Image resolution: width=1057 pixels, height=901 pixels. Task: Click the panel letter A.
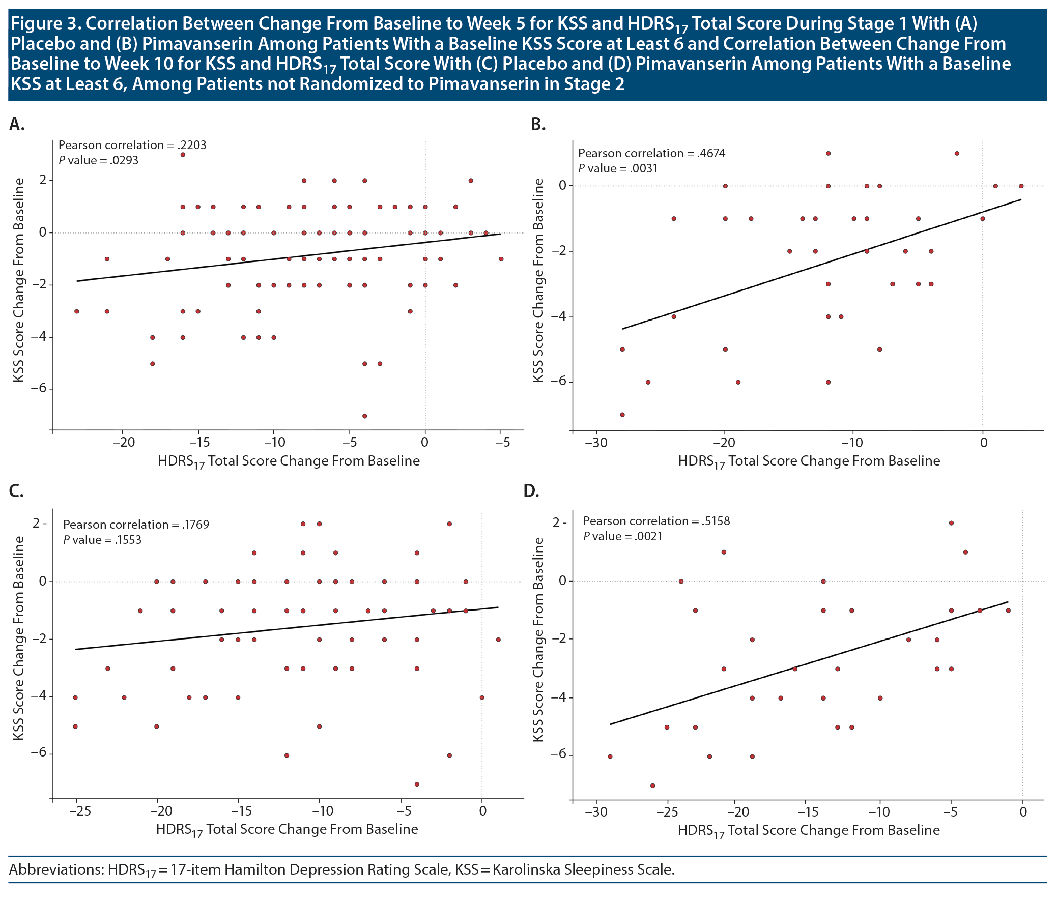[17, 124]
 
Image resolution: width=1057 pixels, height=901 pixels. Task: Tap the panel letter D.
[531, 491]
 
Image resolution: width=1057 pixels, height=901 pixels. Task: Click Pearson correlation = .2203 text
[132, 146]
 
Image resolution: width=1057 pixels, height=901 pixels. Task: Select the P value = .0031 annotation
[617, 169]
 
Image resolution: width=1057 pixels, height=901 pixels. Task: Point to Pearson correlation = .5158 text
[656, 521]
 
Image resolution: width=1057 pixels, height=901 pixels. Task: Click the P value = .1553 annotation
[102, 540]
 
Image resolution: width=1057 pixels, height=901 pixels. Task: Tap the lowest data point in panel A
[364, 416]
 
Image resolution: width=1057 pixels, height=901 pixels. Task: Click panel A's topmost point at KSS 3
[183, 155]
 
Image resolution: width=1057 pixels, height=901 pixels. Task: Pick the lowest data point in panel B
[622, 415]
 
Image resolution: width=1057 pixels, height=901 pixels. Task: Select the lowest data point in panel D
[652, 786]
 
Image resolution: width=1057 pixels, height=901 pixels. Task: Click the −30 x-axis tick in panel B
[596, 442]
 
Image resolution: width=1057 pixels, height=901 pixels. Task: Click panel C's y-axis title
[19, 638]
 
